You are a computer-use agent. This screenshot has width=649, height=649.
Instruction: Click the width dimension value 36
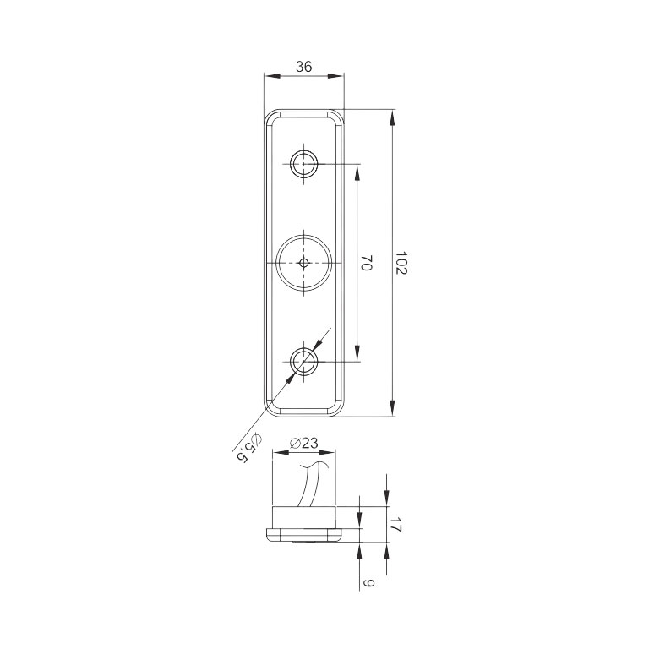click(x=304, y=66)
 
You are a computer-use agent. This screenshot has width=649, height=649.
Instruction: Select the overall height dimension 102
click(x=402, y=263)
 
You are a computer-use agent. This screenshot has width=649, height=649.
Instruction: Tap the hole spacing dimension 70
click(x=367, y=263)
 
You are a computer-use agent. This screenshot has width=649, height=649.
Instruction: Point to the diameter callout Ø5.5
click(x=248, y=445)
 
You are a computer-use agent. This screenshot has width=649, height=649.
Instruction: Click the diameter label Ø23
click(x=303, y=442)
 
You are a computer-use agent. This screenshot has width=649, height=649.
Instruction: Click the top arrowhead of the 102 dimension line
click(x=393, y=117)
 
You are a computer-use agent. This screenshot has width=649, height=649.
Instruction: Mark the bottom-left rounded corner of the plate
click(x=270, y=411)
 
